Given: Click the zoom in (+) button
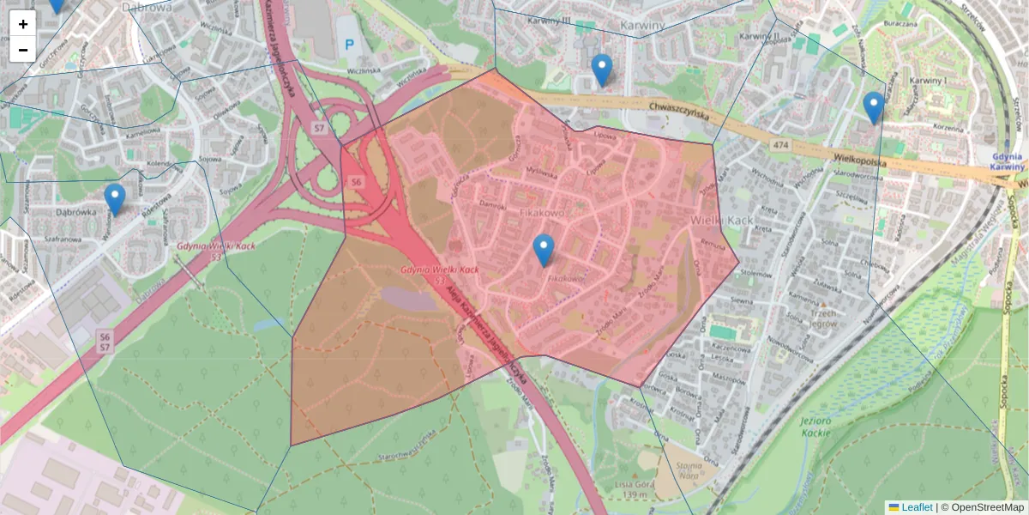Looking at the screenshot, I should click(x=23, y=24).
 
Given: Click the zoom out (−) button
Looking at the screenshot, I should click(x=23, y=50).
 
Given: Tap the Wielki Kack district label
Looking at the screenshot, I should click(x=721, y=221).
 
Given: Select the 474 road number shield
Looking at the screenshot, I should click(x=779, y=147).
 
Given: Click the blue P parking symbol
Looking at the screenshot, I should click(x=349, y=44).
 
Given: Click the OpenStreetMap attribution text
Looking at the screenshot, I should click(x=982, y=507).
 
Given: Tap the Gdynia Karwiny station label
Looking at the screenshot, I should click(x=1007, y=161).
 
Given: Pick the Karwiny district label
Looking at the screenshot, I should click(x=647, y=26).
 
